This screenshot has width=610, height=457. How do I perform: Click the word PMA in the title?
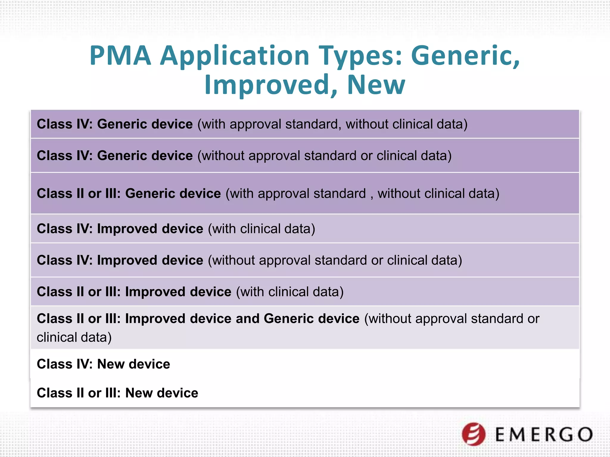(x=120, y=56)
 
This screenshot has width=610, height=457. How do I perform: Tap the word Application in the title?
(x=235, y=56)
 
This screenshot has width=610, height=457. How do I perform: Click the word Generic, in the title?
(x=466, y=56)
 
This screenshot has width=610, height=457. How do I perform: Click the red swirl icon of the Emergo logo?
(x=474, y=434)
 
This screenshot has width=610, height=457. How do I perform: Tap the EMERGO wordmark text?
(x=544, y=435)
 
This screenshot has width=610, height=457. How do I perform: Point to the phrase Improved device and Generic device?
(x=242, y=319)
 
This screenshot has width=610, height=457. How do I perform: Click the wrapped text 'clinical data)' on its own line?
(x=74, y=337)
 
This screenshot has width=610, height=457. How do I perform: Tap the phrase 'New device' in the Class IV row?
(x=134, y=364)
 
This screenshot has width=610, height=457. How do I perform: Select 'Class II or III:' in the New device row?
(x=79, y=393)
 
